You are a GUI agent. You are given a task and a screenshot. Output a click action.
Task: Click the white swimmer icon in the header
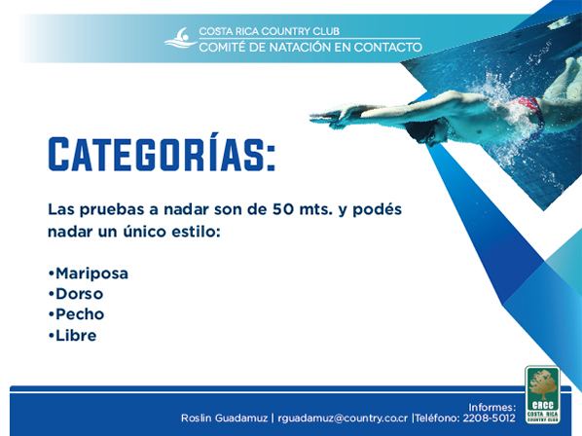pyautogui.click(x=181, y=38)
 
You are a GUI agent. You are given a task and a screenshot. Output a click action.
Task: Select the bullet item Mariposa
pyautogui.click(x=89, y=273)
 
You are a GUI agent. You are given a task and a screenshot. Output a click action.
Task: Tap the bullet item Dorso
pyautogui.click(x=76, y=294)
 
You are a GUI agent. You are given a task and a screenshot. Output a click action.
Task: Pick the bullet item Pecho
pyautogui.click(x=76, y=314)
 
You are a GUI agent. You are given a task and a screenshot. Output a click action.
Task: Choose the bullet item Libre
pyautogui.click(x=72, y=336)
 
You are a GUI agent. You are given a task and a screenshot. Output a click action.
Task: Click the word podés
pyautogui.click(x=377, y=209)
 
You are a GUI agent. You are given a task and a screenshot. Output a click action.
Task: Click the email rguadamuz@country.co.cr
pyautogui.click(x=343, y=418)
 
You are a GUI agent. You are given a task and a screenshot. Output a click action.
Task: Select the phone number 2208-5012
pyautogui.click(x=489, y=418)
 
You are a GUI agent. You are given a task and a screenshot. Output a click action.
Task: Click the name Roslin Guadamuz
pyautogui.click(x=224, y=418)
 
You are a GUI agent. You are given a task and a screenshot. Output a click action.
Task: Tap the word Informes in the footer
pyautogui.click(x=491, y=407)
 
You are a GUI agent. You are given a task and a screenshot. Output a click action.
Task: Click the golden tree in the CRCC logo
pyautogui.click(x=543, y=386)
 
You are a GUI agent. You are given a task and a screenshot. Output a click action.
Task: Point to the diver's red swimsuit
pyautogui.click(x=530, y=111)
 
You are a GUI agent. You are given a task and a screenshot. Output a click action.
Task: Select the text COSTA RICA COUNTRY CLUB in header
pyautogui.click(x=269, y=31)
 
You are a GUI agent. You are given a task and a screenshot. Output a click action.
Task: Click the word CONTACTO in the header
pyautogui.click(x=388, y=47)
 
